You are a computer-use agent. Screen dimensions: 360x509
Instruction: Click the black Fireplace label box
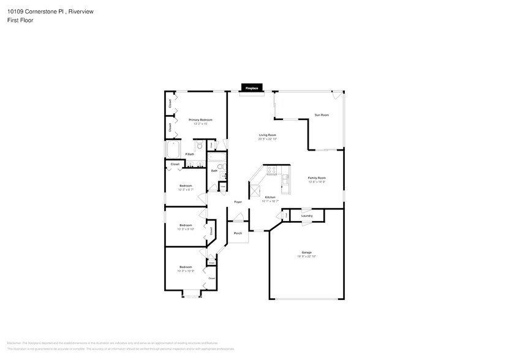coord(252,88)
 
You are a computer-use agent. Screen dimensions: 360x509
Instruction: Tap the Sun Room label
coord(322,115)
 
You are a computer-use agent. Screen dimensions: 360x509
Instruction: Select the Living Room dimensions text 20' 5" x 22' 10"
coord(268,139)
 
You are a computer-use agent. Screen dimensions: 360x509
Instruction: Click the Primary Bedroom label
coord(200,120)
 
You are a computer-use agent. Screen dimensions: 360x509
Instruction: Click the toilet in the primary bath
coord(199,146)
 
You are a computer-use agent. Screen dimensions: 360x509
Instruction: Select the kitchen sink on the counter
coord(285,179)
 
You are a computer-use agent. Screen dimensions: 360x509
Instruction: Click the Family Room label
coord(316,178)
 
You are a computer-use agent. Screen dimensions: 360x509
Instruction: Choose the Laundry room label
coord(307,216)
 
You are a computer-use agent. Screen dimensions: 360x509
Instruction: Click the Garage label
coord(306,252)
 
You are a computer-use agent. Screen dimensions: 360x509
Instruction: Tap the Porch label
coord(238,233)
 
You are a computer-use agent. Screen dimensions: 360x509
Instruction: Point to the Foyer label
coord(238,201)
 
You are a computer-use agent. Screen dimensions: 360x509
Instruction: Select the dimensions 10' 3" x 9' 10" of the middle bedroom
coord(186,229)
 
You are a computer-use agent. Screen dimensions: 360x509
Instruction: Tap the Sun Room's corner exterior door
coord(337,96)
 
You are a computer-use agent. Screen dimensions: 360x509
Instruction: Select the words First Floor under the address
coord(21,20)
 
